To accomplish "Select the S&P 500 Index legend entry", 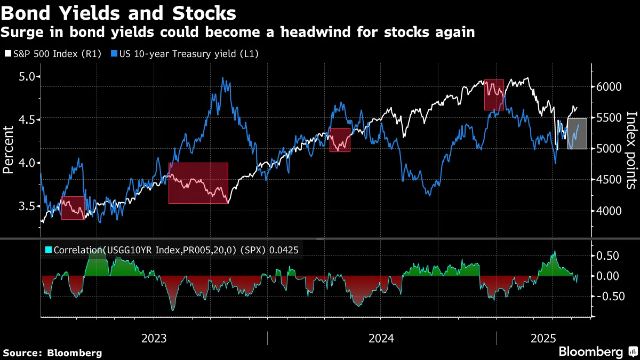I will tap(52, 54).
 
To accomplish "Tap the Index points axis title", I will tap(631, 150).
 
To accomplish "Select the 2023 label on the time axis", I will tap(154, 339).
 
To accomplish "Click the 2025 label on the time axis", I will tap(543, 339).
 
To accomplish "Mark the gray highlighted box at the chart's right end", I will tap(577, 134).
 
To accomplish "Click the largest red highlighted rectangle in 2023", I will tap(198, 183).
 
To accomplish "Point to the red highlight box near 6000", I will tap(494, 95).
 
